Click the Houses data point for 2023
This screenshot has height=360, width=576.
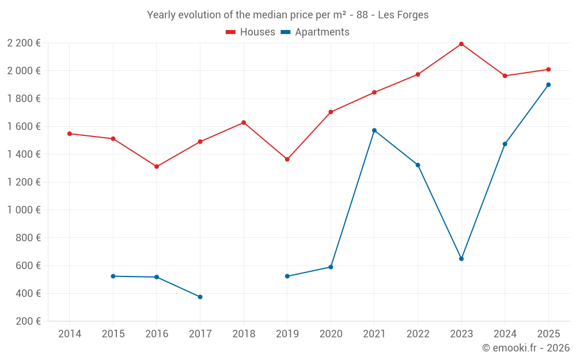pyautogui.click(x=461, y=44)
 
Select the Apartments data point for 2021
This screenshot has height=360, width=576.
pyautogui.click(x=374, y=130)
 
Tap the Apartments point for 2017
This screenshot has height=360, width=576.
pyautogui.click(x=200, y=297)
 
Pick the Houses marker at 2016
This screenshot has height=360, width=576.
pyautogui.click(x=157, y=166)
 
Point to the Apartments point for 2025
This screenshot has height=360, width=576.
pyautogui.click(x=548, y=85)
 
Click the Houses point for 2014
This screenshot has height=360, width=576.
pyautogui.click(x=70, y=134)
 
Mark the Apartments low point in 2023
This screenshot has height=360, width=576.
pyautogui.click(x=461, y=259)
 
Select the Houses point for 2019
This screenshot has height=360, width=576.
pyautogui.click(x=287, y=159)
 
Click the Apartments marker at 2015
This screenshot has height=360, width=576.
pyautogui.click(x=113, y=276)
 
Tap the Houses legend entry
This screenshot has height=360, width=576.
pyautogui.click(x=251, y=32)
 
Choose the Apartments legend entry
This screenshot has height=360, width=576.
pyautogui.click(x=315, y=32)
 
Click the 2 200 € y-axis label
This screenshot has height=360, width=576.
pyautogui.click(x=24, y=43)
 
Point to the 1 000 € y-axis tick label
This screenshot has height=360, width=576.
pyautogui.click(x=24, y=210)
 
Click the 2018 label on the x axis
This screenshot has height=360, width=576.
pyautogui.click(x=244, y=334)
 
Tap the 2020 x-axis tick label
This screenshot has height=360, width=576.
pyautogui.click(x=331, y=334)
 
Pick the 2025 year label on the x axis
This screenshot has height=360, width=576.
pyautogui.click(x=548, y=334)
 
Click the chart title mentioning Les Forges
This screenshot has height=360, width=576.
pyautogui.click(x=288, y=15)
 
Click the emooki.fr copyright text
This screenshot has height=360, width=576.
pyautogui.click(x=525, y=348)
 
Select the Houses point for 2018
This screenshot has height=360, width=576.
pyautogui.click(x=244, y=123)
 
